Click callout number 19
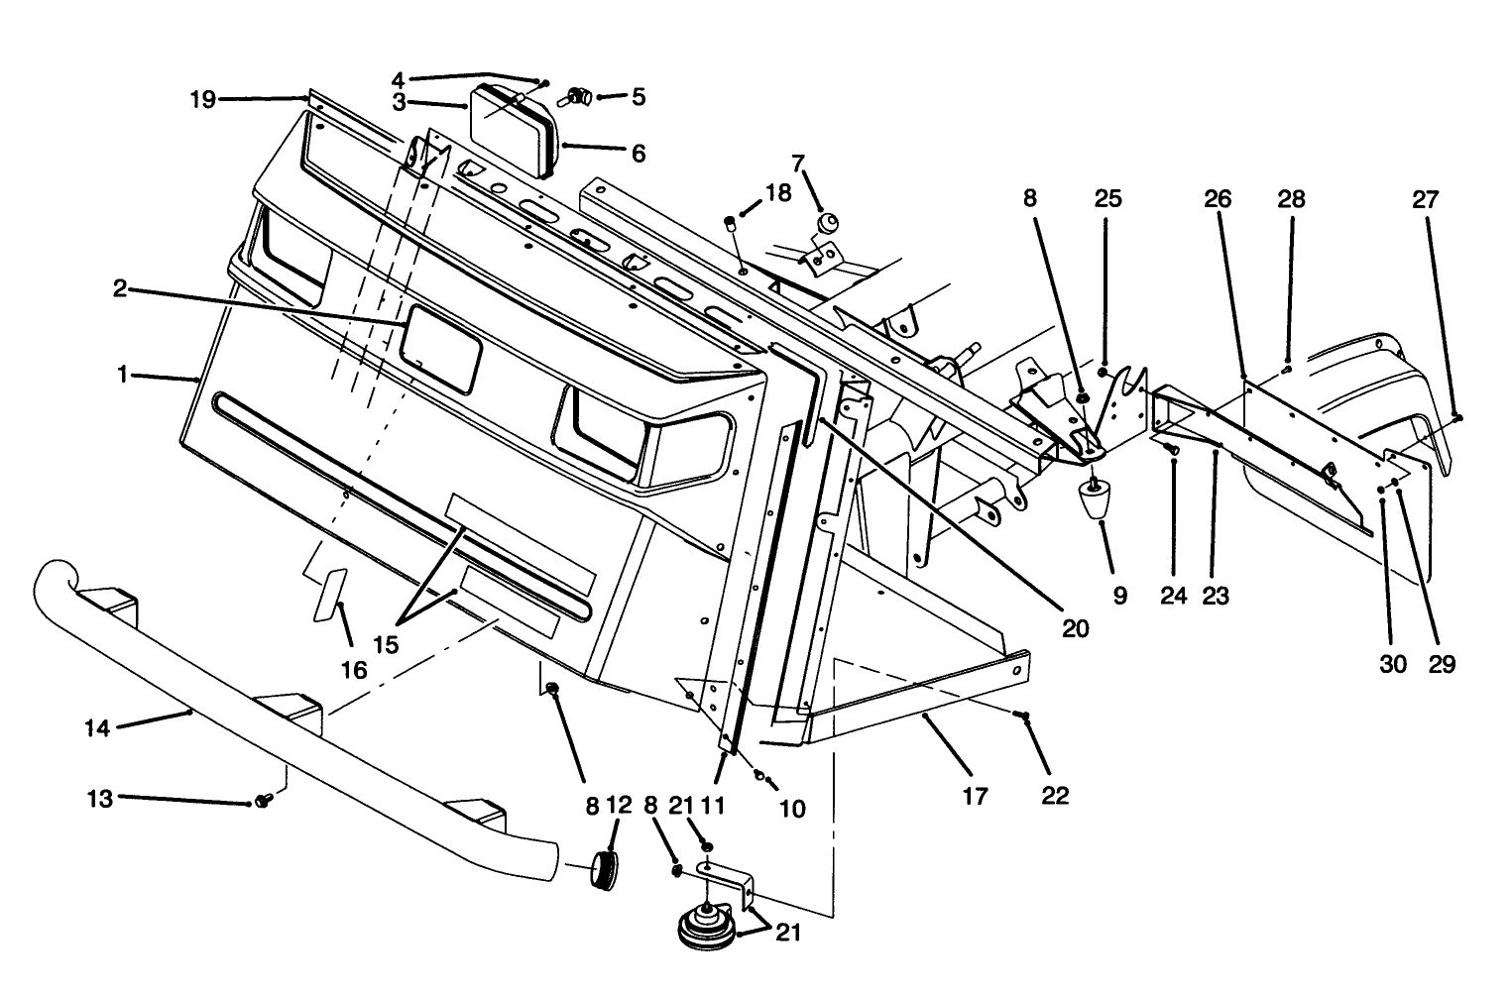[202, 99]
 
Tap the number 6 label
[638, 153]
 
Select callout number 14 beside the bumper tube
[96, 727]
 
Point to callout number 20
[1075, 627]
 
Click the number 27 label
[1425, 198]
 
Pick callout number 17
[976, 795]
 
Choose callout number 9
[1119, 596]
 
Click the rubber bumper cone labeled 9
[1096, 498]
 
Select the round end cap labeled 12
[607, 869]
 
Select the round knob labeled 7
[825, 222]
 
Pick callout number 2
[119, 289]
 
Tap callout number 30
[1392, 663]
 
